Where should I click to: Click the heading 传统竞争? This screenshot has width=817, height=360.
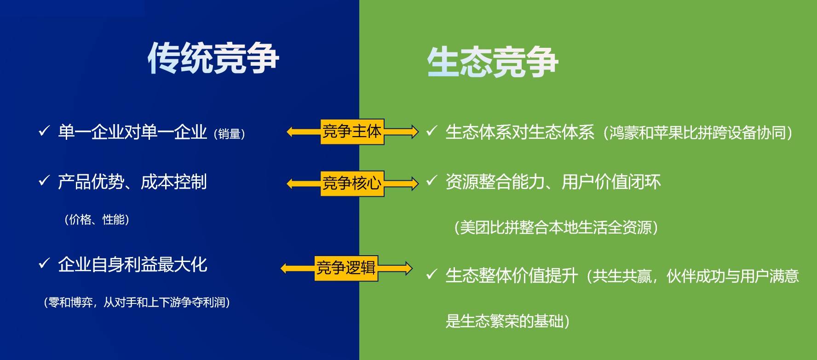coord(213,58)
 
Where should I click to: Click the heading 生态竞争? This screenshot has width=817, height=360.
coord(492,62)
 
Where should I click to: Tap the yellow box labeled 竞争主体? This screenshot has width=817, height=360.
coord(352,132)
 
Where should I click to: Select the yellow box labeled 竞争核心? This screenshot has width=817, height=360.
coord(352,183)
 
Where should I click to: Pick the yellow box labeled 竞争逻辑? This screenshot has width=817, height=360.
coord(346,268)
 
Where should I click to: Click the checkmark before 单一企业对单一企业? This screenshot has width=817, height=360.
coord(44,131)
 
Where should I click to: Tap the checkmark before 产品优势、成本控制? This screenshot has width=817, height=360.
coord(44,181)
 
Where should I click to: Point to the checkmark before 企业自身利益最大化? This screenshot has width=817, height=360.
coord(44,264)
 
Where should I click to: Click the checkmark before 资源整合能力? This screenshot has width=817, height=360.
coord(431,181)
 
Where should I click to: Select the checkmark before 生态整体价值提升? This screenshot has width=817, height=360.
coord(431,275)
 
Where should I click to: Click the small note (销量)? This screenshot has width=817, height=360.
coord(229,134)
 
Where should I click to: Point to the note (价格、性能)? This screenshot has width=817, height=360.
coord(97,220)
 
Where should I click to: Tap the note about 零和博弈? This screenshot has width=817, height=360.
coord(137,303)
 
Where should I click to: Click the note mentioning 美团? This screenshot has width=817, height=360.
coord(556,228)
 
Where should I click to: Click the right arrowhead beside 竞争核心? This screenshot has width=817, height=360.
coord(414,184)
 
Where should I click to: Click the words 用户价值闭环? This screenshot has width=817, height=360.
coord(611,182)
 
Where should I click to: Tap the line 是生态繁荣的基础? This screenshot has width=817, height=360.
coord(507,321)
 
